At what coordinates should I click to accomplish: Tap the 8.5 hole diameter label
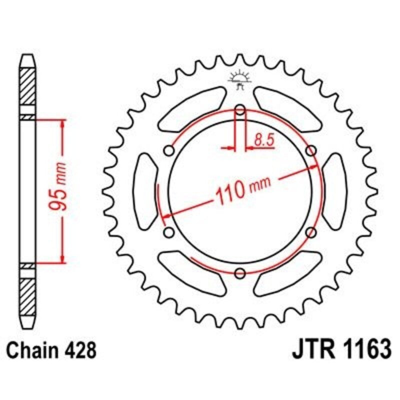(x=264, y=140)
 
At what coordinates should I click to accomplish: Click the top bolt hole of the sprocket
(x=240, y=109)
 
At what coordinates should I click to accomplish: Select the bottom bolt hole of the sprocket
(x=240, y=272)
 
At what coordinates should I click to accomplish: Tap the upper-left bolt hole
(x=169, y=150)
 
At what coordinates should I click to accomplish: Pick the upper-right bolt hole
(x=311, y=150)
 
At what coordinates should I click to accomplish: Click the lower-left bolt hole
(x=169, y=232)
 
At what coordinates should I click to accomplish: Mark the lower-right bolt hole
(x=311, y=232)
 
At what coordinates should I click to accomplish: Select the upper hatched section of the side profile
(x=28, y=85)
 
